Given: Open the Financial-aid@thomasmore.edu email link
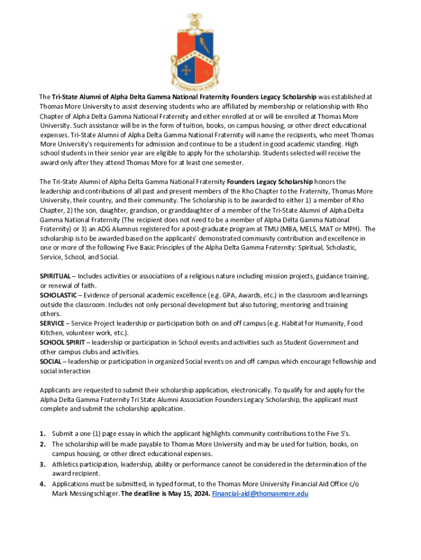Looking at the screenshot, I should [x=260, y=493].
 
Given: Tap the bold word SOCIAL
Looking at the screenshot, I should [x=51, y=361].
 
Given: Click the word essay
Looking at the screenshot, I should [x=114, y=433].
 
